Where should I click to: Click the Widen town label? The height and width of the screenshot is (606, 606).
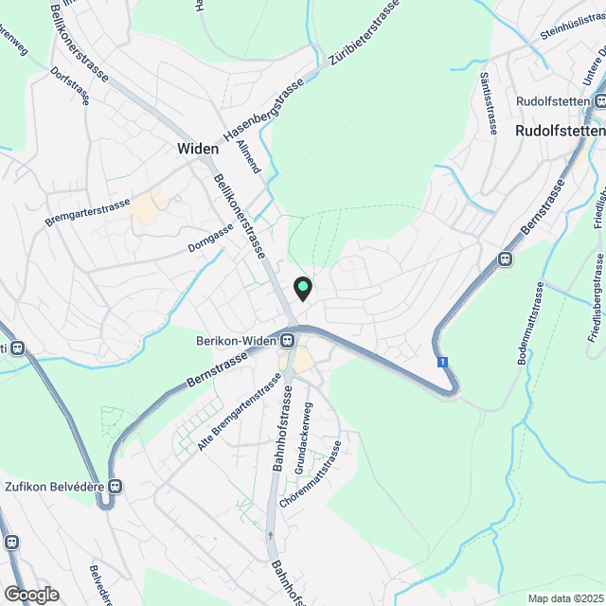click(198, 149)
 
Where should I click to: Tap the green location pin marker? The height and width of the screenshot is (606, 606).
click(302, 288)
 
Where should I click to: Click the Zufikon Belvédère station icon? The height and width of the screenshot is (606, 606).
click(116, 487)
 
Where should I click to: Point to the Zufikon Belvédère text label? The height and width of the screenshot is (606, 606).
click(53, 487)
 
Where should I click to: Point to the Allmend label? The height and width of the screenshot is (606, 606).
click(250, 154)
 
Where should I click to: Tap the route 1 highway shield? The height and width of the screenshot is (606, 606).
click(442, 362)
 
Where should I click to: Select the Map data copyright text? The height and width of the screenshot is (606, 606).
click(564, 598)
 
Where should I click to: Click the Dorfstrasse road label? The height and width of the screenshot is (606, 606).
click(68, 84)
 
